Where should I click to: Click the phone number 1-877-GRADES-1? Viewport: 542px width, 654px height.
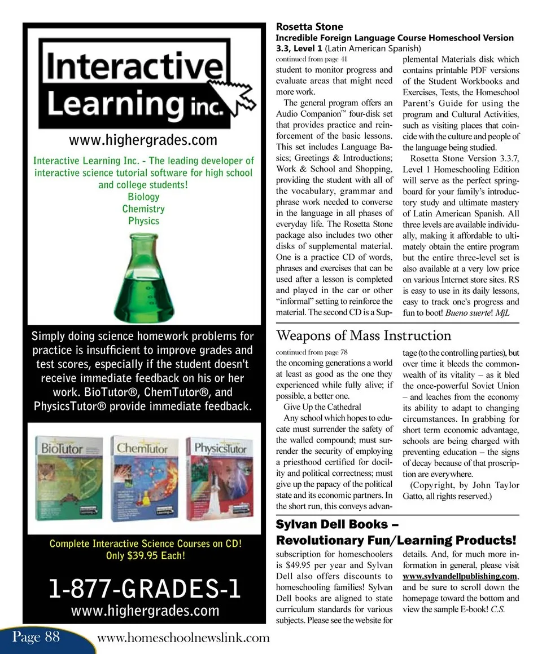coord(145,589)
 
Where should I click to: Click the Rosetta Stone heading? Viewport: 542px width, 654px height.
coord(309,26)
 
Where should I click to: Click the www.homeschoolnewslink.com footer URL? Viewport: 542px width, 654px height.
coord(183,638)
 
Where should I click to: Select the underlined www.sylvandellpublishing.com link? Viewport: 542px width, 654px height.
coord(460,576)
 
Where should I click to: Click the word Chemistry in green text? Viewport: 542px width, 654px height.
coord(143,209)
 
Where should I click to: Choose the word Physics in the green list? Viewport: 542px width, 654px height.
coord(143,220)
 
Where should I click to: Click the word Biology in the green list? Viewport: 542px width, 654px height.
coord(143,197)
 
